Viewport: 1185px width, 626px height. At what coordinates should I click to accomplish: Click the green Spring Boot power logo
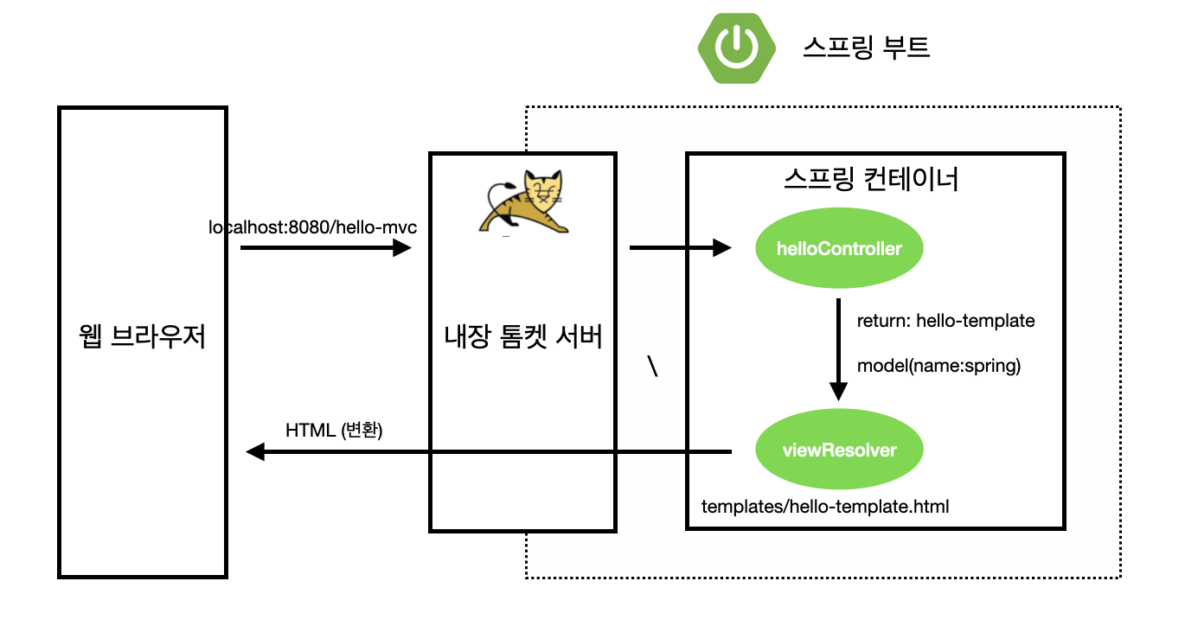tap(736, 48)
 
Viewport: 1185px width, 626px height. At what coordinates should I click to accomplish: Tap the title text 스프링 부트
tap(866, 48)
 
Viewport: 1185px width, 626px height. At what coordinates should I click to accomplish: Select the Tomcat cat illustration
tap(523, 201)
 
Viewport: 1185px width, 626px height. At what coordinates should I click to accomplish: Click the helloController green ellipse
tap(839, 248)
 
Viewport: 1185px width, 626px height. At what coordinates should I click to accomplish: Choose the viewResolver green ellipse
tap(839, 450)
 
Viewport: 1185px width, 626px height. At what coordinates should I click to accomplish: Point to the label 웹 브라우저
tap(142, 336)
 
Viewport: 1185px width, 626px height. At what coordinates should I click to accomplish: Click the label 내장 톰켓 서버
tap(523, 336)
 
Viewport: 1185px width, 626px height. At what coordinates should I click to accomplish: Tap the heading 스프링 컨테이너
tap(871, 179)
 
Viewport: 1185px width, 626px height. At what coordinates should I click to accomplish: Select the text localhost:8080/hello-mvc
tap(312, 227)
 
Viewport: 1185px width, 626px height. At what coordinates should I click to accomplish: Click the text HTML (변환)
tap(334, 431)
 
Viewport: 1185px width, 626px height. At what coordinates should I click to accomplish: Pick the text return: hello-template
tap(946, 321)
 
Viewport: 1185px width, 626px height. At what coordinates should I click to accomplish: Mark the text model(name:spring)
tap(939, 366)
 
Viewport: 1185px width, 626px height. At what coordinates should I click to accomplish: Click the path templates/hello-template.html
tap(825, 507)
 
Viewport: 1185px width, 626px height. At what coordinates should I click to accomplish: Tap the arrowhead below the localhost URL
tap(402, 247)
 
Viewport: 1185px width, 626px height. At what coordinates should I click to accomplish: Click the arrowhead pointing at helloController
tap(722, 247)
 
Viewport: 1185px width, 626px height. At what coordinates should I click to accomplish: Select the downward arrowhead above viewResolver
tap(838, 392)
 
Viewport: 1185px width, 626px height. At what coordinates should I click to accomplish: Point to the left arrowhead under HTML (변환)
tap(255, 451)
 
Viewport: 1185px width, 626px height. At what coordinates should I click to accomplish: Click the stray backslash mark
tap(653, 366)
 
